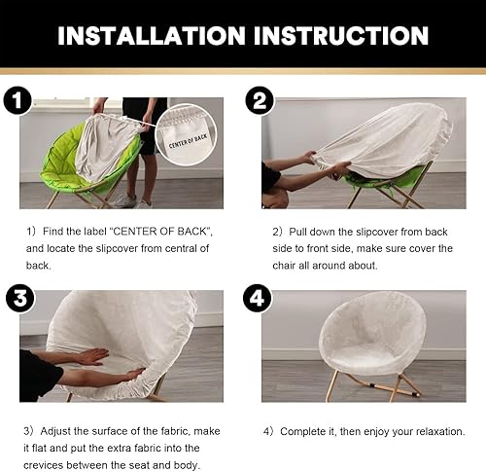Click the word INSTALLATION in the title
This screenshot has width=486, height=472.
point(149,35)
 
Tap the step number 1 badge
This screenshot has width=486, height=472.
point(17,99)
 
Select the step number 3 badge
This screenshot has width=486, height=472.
point(17,297)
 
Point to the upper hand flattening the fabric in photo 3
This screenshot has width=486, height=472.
point(89,356)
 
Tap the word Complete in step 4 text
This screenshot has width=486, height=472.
point(305,430)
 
